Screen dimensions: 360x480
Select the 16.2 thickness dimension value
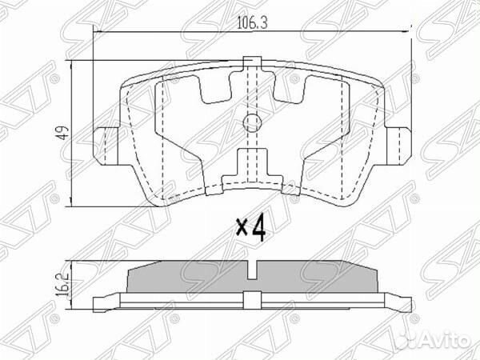point(58,284)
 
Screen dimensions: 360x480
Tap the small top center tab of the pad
point(252,62)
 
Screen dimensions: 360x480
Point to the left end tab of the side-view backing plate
point(102,302)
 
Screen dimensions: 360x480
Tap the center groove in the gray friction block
point(253,271)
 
